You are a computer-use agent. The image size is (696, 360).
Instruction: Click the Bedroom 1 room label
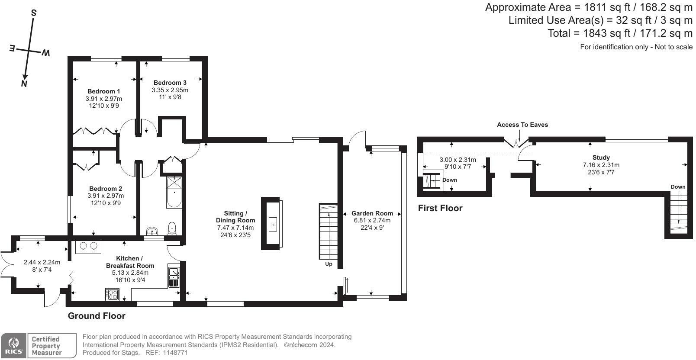click(x=103, y=91)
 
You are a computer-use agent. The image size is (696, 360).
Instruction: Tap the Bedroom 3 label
click(x=170, y=83)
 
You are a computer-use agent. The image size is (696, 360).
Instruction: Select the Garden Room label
click(x=372, y=213)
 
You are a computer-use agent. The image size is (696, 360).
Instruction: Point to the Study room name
click(x=601, y=157)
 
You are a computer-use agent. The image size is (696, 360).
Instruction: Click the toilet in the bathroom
click(x=172, y=228)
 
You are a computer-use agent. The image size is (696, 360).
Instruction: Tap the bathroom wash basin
click(x=152, y=231)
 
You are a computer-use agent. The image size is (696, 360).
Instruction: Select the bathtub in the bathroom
click(x=174, y=192)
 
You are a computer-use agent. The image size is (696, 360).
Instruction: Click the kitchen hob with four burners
click(x=112, y=295)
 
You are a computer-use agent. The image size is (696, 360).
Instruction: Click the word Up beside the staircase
click(x=329, y=264)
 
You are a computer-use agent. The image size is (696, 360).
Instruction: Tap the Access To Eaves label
click(x=522, y=125)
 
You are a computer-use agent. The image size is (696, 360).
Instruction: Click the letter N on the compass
click(x=24, y=84)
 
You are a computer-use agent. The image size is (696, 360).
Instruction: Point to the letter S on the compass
click(x=34, y=13)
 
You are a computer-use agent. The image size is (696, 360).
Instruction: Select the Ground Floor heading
click(x=97, y=316)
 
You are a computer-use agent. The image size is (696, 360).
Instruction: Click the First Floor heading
click(x=440, y=208)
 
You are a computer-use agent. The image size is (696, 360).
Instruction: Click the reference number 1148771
click(x=175, y=353)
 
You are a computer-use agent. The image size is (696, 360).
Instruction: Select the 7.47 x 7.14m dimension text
click(x=235, y=228)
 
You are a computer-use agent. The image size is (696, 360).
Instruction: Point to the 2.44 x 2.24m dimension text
click(x=42, y=262)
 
